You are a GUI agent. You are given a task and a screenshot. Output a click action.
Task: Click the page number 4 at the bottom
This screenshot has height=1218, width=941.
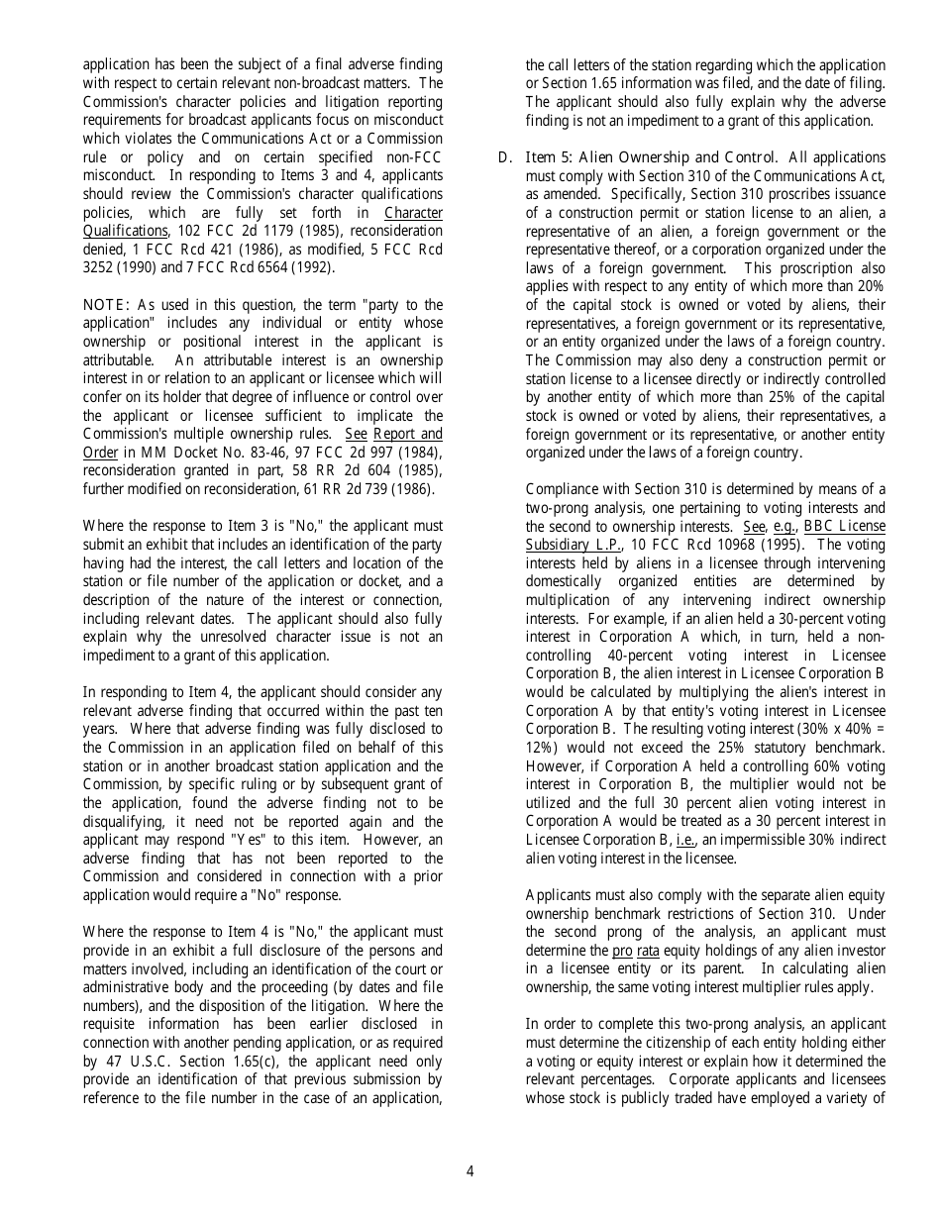[470, 1172]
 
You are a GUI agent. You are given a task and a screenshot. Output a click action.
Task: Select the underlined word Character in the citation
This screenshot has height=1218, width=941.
[413, 213]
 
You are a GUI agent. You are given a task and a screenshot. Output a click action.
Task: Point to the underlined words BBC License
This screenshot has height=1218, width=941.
[844, 527]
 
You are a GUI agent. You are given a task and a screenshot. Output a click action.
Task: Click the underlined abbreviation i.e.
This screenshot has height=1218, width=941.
[671, 840]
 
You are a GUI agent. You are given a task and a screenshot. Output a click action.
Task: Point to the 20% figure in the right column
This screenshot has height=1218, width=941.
[871, 287]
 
